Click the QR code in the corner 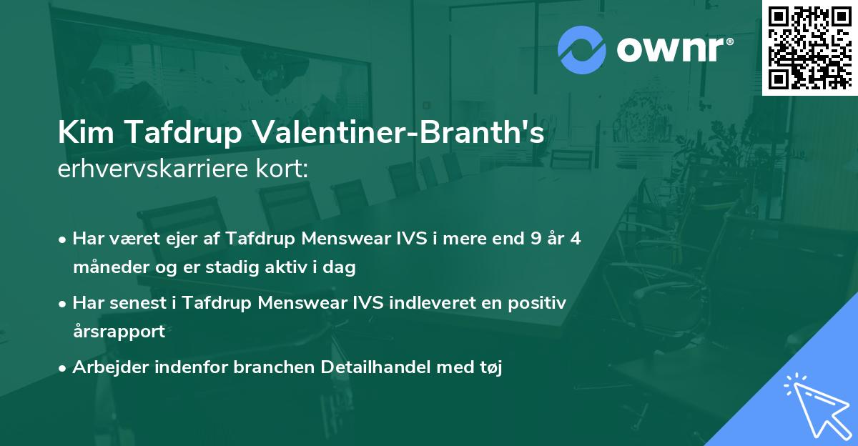pos(809,47)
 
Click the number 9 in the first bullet pos(534,239)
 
